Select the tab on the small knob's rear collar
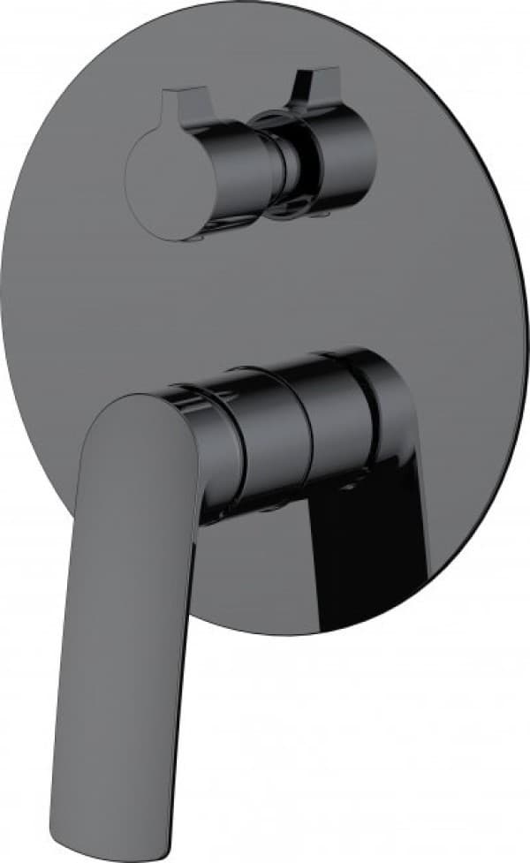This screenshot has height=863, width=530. point(305,85)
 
